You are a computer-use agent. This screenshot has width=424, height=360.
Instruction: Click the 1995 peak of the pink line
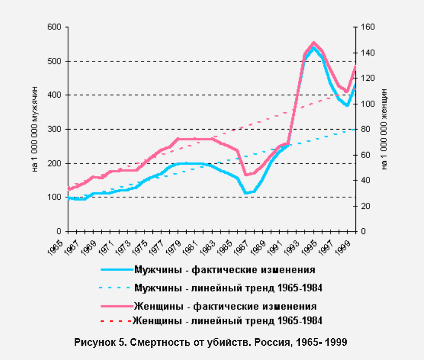[x=313, y=43]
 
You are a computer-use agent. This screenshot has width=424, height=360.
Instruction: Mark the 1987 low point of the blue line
[x=246, y=193]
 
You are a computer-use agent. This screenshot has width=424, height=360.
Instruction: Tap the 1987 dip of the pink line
[x=246, y=175]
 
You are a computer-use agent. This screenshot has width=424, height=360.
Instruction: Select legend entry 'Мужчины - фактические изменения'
[x=224, y=269]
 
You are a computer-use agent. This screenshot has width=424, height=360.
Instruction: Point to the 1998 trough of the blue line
[x=346, y=105]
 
